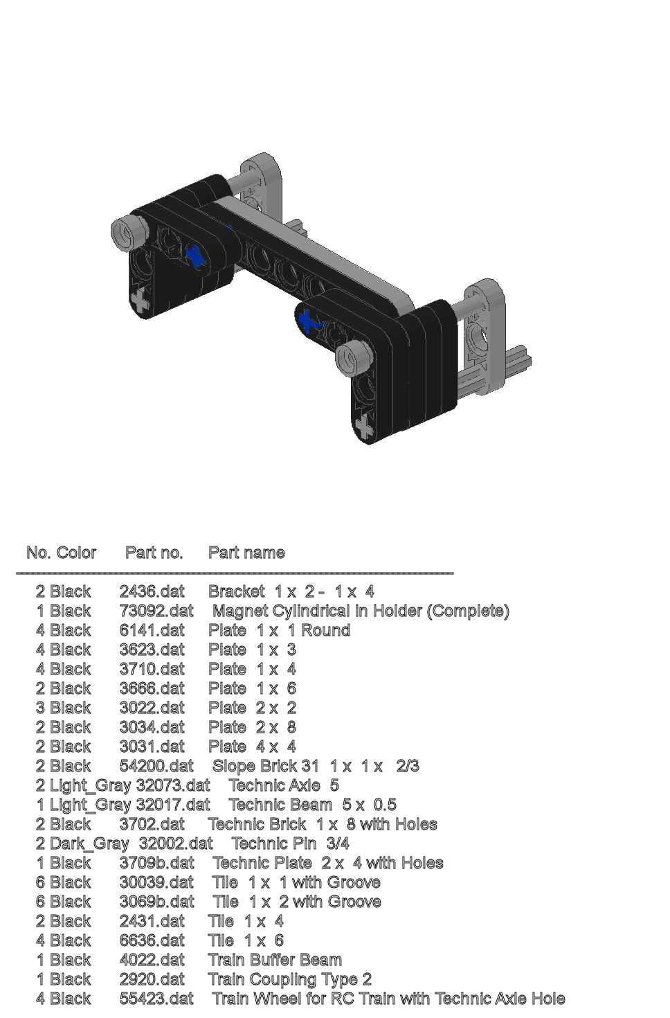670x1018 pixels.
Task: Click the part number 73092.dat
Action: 156,611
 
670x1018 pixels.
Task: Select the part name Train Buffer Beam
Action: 275,960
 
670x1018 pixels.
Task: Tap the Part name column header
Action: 246,553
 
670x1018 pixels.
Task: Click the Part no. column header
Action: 154,553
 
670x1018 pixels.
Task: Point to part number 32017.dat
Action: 173,805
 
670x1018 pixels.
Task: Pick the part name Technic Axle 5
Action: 284,785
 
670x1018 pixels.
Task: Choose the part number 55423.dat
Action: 156,999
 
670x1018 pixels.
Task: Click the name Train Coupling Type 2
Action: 290,979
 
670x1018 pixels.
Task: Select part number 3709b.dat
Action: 156,863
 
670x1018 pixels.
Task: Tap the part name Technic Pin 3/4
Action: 290,843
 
